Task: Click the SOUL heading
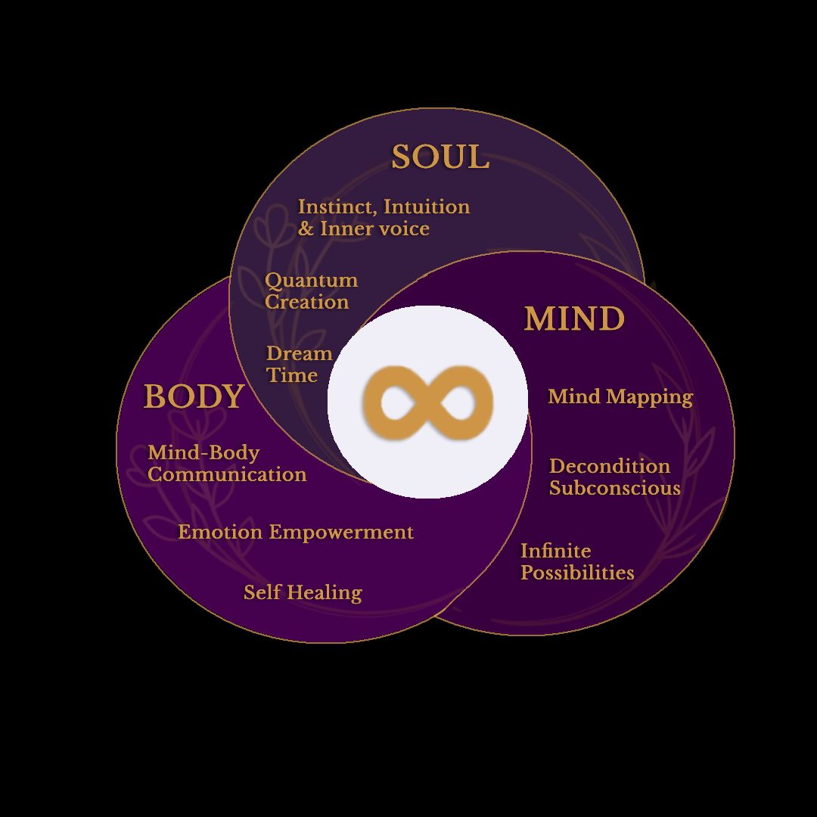click(x=440, y=157)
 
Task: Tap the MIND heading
click(x=574, y=319)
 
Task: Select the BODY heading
click(x=194, y=397)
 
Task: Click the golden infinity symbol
click(x=427, y=402)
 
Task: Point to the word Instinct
click(x=337, y=207)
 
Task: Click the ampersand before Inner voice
click(x=306, y=229)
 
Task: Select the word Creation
click(x=306, y=302)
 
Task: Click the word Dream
click(x=299, y=354)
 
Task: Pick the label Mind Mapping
click(x=620, y=397)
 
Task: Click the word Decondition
click(x=609, y=466)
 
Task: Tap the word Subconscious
click(x=614, y=488)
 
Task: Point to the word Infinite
click(x=555, y=551)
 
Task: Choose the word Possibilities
click(x=577, y=573)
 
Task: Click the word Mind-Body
click(x=203, y=453)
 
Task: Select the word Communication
click(x=227, y=475)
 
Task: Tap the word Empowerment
click(x=341, y=533)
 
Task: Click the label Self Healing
click(x=303, y=592)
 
